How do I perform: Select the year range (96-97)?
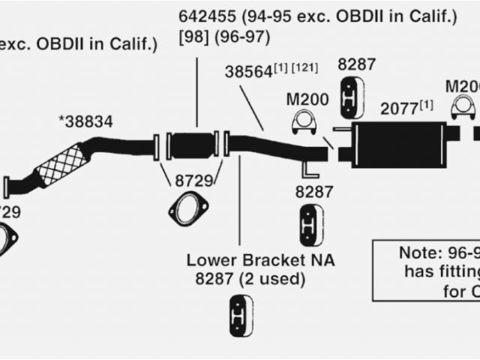(x=241, y=36)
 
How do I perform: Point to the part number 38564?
(x=247, y=72)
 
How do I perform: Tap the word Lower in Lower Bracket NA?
(x=212, y=261)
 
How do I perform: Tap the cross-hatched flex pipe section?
(x=62, y=164)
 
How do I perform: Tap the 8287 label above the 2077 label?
(x=356, y=64)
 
